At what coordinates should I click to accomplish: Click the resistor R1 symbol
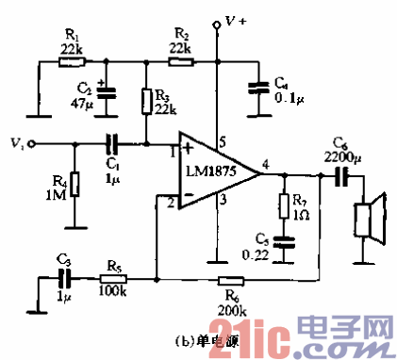[72, 62]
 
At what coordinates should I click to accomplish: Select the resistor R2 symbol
[182, 62]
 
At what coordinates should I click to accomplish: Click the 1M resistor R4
[73, 183]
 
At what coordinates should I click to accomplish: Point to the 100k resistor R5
[112, 279]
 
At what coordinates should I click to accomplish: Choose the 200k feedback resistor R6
[230, 279]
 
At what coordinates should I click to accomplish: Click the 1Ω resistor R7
[283, 205]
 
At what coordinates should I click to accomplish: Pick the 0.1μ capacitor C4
[256, 87]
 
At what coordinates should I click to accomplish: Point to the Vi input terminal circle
[32, 144]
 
